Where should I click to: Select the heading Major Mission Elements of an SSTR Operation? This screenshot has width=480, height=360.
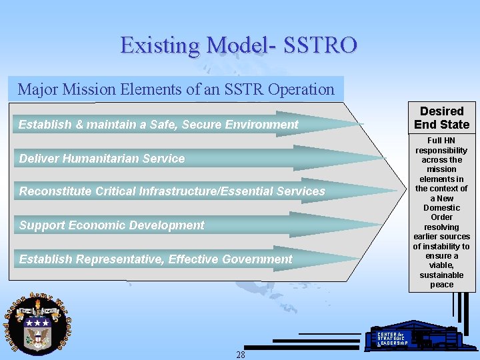(x=176, y=89)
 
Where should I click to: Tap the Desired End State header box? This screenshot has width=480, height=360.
(x=441, y=118)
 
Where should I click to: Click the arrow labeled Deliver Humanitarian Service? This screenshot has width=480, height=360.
(x=200, y=159)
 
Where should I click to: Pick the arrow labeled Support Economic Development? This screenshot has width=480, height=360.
(x=200, y=225)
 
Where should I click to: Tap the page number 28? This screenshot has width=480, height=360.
(x=241, y=355)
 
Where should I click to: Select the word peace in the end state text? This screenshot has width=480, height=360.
(x=441, y=285)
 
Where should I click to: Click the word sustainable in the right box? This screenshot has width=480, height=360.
(x=441, y=275)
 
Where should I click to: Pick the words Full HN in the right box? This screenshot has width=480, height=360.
(x=441, y=141)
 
